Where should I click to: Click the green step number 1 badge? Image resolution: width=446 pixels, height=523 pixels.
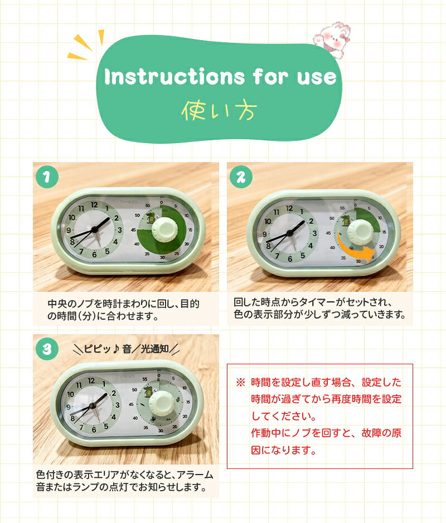(x=47, y=177)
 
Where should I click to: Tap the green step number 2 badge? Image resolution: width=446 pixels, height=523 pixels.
(x=241, y=177)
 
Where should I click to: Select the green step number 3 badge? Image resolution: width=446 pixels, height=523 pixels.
(x=47, y=349)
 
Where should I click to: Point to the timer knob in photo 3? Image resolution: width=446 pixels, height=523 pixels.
(x=161, y=403)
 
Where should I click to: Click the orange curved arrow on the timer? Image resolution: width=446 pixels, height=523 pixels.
(x=355, y=250)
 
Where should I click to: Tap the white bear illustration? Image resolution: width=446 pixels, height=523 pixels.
(x=332, y=39)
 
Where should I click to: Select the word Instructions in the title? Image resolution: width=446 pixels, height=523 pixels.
(x=174, y=76)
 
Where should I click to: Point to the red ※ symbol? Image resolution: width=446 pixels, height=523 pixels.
(x=241, y=382)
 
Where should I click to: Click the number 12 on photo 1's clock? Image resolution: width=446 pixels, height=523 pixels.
(x=94, y=205)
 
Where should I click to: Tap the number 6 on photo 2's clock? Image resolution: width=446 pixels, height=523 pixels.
(x=289, y=259)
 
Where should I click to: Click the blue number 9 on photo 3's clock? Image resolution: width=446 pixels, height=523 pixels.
(x=68, y=407)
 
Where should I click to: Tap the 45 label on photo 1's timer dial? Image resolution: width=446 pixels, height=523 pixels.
(x=134, y=230)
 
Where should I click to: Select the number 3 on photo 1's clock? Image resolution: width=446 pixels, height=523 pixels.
(x=119, y=230)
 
